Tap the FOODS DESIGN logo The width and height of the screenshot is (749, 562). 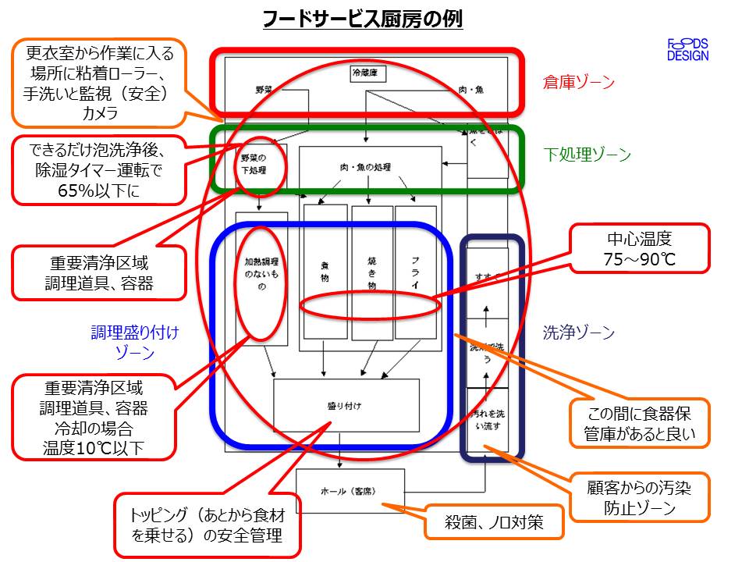point(687,49)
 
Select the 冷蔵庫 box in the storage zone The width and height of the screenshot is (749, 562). point(368,74)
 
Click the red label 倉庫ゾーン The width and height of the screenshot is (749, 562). point(579,81)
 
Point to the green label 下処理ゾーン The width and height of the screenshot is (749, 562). point(587,155)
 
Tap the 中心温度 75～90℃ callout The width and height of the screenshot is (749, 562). point(641,249)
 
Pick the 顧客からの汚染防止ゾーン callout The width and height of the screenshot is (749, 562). point(640,498)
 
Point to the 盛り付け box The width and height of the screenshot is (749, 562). point(346,405)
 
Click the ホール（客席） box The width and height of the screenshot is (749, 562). point(350,491)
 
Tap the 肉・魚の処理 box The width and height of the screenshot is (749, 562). point(365,168)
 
